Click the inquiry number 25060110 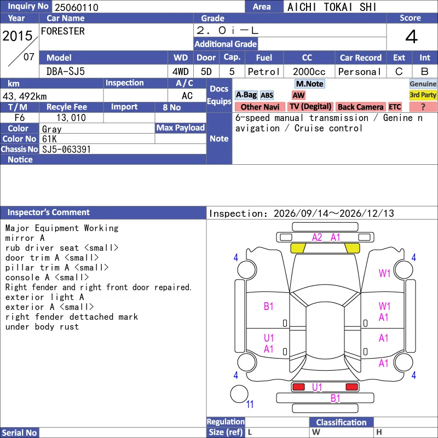point(77,7)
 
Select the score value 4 point(412,37)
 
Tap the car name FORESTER point(63,31)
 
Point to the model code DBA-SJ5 point(66,72)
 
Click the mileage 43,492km point(25,96)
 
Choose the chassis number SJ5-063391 point(66,149)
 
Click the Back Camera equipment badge point(360,107)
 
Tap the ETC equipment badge point(395,107)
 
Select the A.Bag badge point(246,95)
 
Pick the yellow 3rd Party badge point(423,95)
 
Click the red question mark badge point(423,107)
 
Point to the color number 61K point(49,139)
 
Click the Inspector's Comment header point(49,212)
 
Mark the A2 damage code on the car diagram point(317,238)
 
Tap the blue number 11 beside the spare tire point(250,404)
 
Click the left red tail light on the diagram point(298,387)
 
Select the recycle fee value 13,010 point(71,118)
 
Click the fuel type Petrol point(264,72)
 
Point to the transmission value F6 point(20,118)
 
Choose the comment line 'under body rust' point(42,327)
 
